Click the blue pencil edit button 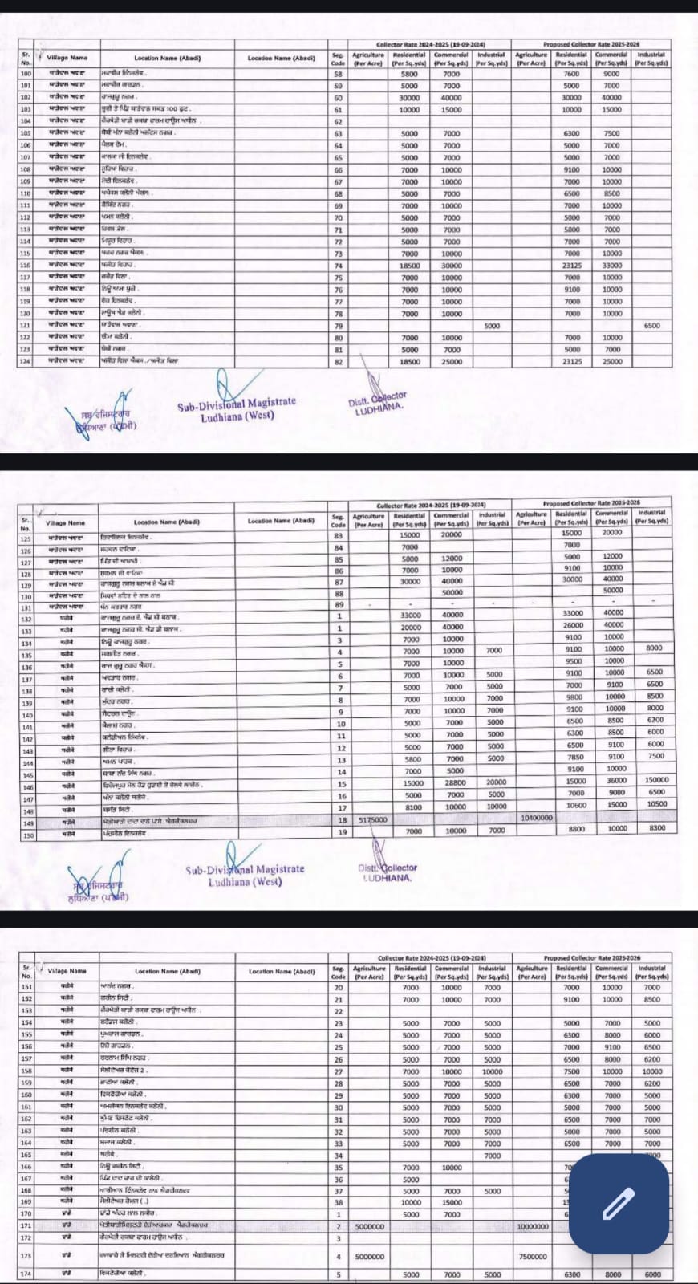tap(619, 1204)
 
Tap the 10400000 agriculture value tap(535, 817)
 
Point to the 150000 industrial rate tap(655, 780)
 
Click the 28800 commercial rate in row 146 tap(454, 782)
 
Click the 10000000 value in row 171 tap(533, 1226)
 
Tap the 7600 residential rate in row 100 tap(571, 74)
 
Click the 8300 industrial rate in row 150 tap(655, 829)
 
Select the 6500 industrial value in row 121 tap(651, 326)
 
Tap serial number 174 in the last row tap(26, 1274)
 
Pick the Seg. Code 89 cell tap(339, 604)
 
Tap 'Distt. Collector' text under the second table tap(388, 868)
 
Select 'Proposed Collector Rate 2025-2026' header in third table tap(592, 958)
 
